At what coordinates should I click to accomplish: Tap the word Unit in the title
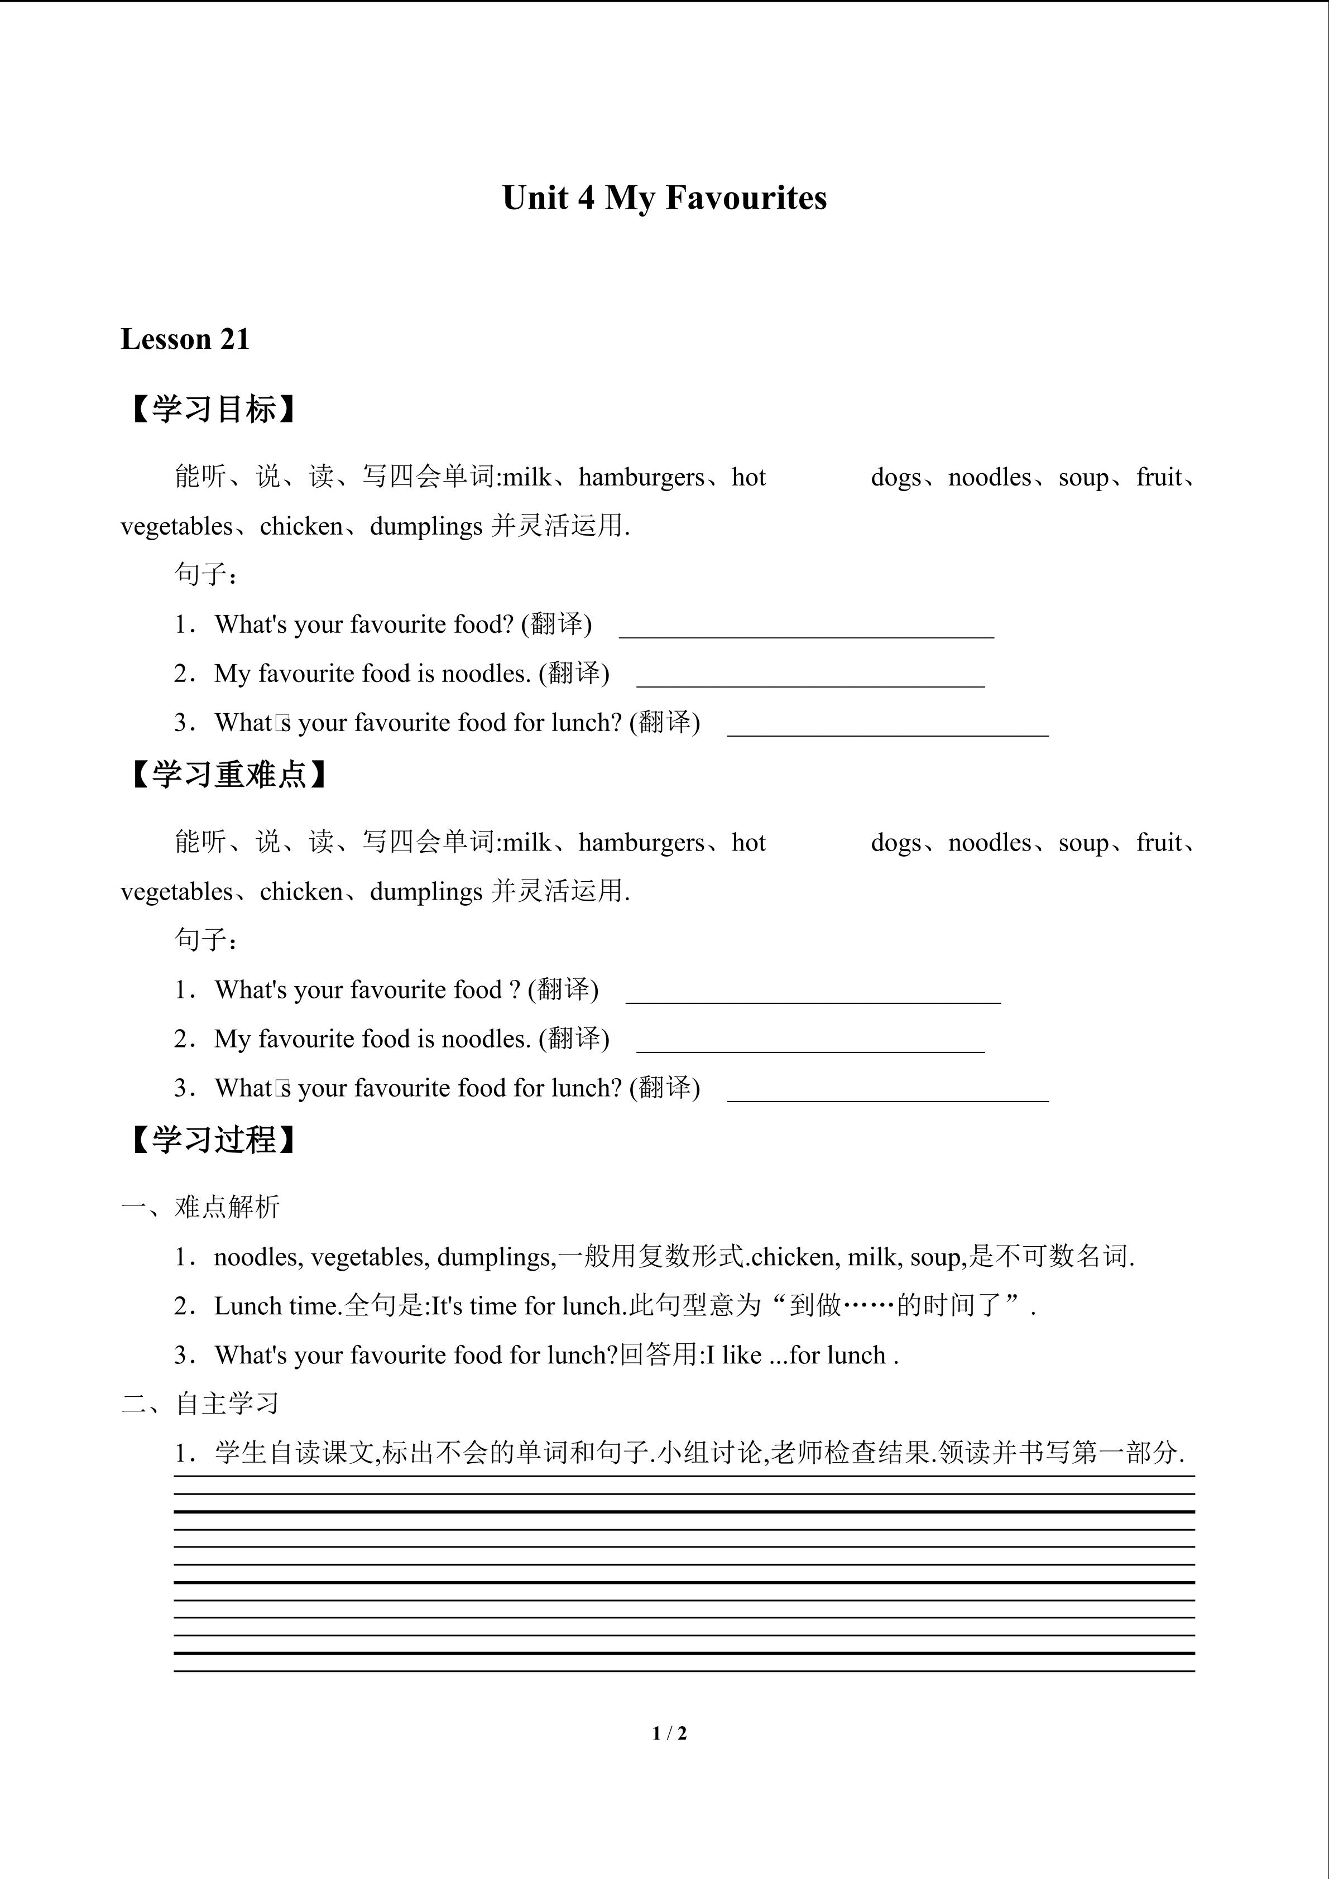535,198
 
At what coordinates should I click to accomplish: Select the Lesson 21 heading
185,339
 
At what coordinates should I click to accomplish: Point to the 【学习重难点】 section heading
229,774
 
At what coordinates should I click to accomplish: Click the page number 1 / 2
669,1733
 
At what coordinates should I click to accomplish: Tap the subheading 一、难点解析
200,1207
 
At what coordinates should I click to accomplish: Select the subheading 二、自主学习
200,1404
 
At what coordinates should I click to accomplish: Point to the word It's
447,1306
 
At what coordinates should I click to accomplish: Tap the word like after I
741,1355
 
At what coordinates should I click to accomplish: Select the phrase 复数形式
692,1256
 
